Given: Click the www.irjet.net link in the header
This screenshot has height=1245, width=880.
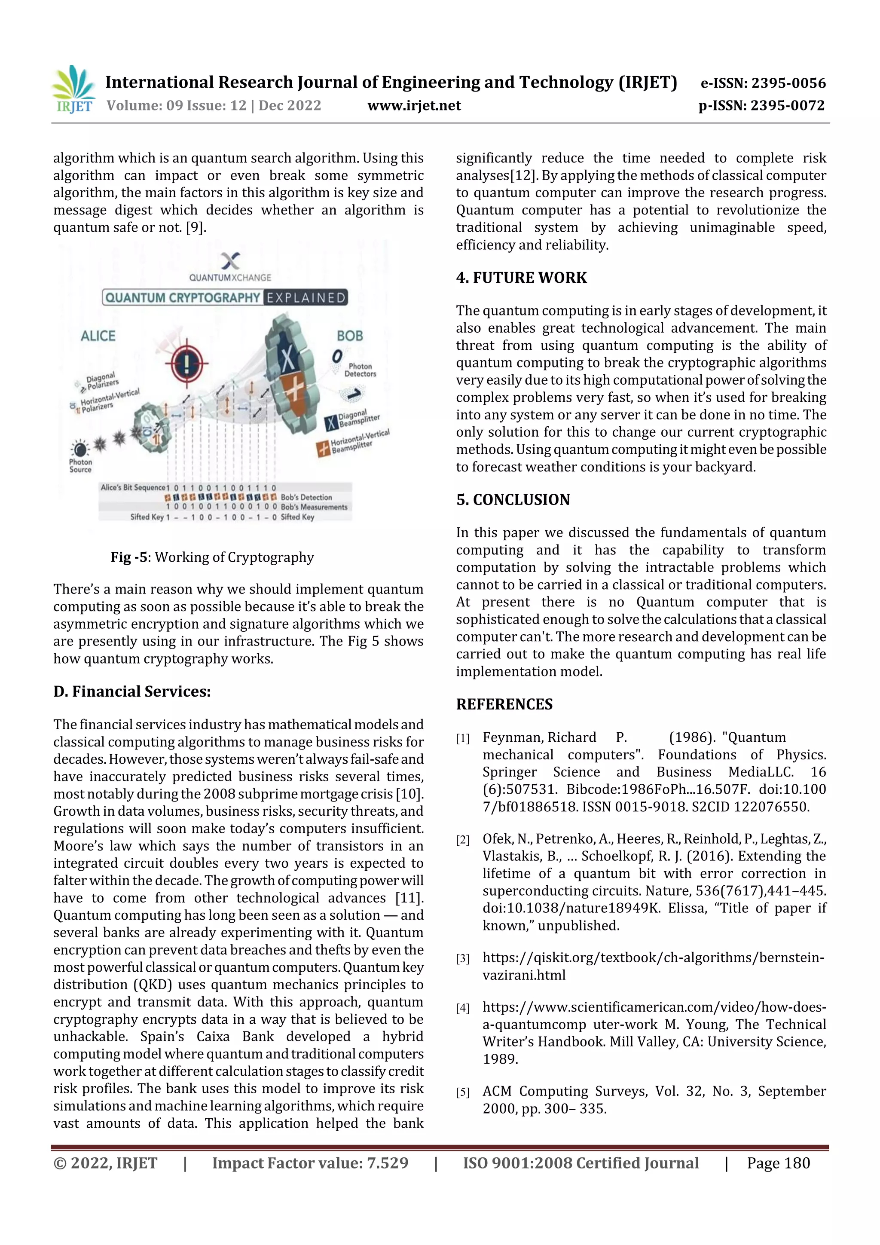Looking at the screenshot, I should (414, 105).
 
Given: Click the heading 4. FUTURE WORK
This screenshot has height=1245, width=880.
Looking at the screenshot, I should (521, 278).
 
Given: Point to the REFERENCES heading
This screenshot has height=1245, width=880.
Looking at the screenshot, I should (504, 704).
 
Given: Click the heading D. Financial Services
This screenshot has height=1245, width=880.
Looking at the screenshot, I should (132, 691).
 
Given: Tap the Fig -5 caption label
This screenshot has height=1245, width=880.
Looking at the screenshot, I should (129, 557).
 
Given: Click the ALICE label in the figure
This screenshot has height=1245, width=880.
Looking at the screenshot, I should (98, 336).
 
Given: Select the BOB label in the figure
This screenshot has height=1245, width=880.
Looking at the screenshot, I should (350, 336).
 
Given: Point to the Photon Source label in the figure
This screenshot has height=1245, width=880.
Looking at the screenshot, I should (80, 465).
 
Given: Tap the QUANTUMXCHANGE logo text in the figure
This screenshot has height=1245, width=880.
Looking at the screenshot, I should (230, 278).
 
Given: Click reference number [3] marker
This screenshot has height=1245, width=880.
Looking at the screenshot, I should (462, 959).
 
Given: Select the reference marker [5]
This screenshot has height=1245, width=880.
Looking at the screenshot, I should (462, 1092).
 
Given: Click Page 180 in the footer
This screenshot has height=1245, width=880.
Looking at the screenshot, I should (778, 1162).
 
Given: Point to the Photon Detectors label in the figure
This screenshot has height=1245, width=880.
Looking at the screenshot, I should (360, 370).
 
